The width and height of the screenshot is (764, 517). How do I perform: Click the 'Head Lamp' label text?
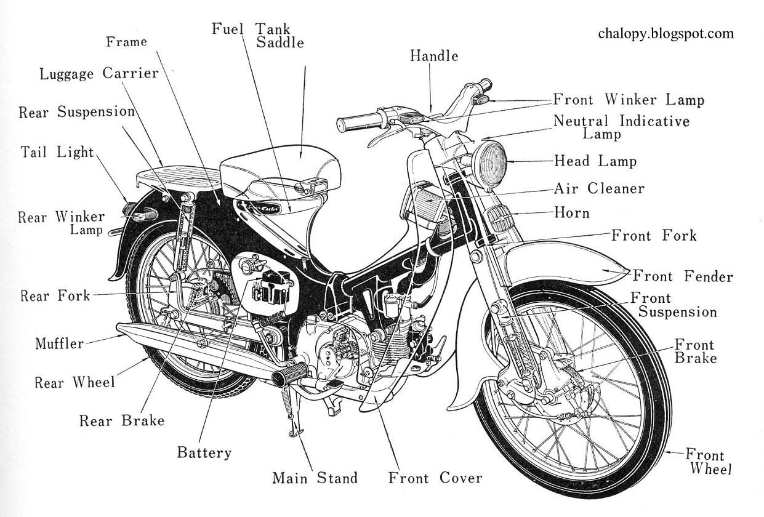595,161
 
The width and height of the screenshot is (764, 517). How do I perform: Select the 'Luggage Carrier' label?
99,74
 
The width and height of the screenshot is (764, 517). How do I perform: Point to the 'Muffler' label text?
59,343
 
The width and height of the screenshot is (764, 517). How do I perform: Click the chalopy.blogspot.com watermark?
665,33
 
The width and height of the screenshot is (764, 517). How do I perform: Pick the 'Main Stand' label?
315,478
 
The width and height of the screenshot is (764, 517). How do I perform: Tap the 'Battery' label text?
204,453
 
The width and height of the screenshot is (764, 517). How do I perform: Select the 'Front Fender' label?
683,276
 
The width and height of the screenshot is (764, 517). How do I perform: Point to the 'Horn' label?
571,213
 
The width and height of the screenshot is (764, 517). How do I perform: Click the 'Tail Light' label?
57,151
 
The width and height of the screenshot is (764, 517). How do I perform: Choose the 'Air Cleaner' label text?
598,188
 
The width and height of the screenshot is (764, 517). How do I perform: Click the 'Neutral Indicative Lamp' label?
621,126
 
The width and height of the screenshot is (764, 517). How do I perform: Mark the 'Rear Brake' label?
122,420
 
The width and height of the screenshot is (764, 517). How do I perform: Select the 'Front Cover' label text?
435,478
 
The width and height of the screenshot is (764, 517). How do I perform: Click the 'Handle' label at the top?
434,56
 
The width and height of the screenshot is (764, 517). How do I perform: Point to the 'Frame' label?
126,42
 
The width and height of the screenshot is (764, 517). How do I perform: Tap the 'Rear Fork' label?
55,295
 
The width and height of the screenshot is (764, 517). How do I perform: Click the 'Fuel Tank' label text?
251,29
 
